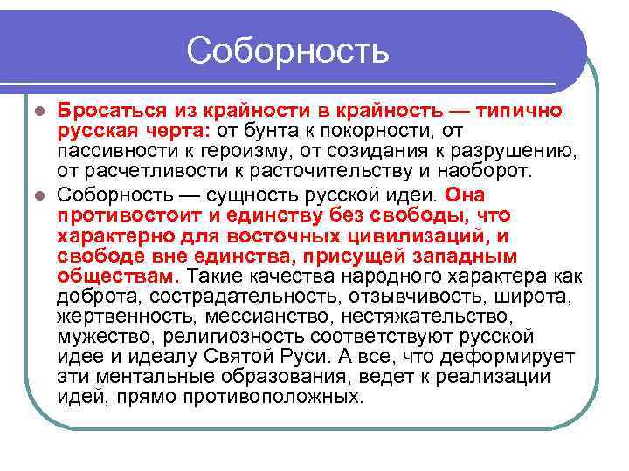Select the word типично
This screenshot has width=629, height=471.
(x=521, y=112)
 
